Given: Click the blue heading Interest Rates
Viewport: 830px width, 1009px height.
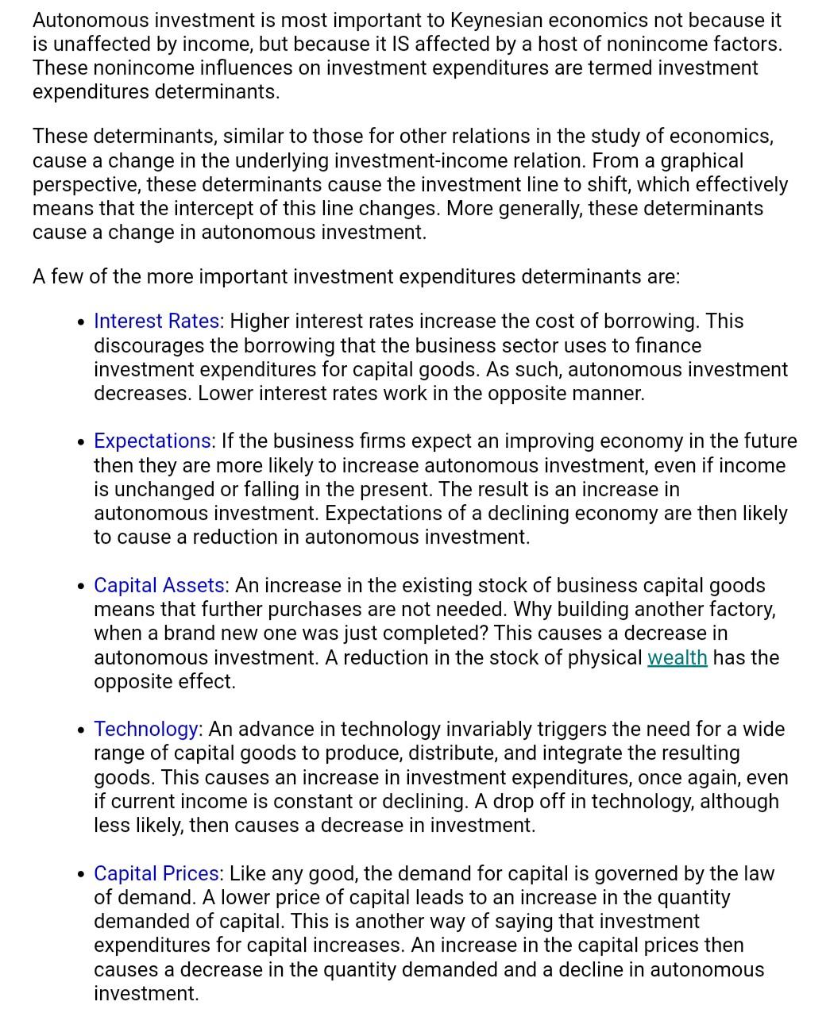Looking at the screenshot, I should point(156,322).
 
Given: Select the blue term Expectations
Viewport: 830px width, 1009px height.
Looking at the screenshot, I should point(152,441).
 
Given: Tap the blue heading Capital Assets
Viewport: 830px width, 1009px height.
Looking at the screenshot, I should point(159,586).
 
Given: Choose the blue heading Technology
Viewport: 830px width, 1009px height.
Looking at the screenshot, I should point(146,730).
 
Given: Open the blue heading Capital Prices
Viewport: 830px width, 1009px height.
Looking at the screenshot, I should point(156,874).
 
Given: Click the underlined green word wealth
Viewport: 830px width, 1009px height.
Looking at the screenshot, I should point(677,658).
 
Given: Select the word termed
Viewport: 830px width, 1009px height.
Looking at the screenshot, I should point(588,68).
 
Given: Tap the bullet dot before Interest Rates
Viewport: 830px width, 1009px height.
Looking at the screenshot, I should point(81,323).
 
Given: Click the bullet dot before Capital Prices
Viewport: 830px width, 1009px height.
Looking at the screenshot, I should point(81,876).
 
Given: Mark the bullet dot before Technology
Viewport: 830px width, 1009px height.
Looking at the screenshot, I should point(81,731).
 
